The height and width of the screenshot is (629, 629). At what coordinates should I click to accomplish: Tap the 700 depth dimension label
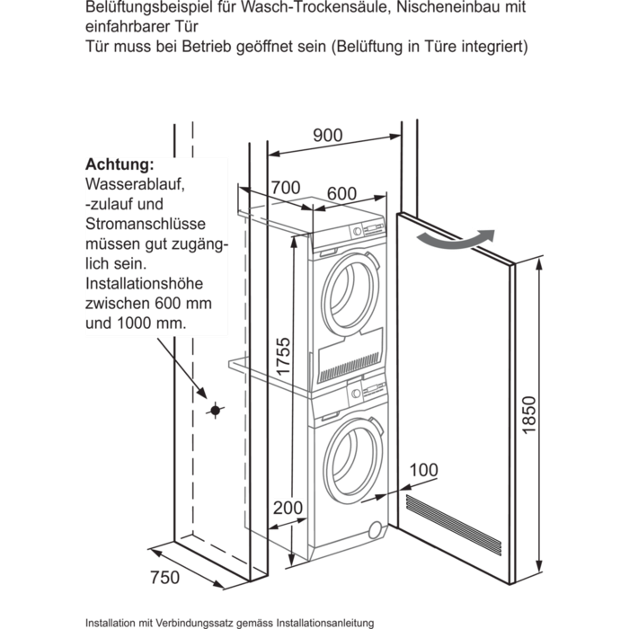click(284, 189)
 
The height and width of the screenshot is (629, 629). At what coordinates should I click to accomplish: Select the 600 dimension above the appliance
click(341, 194)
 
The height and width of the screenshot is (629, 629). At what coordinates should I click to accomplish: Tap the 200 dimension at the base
click(287, 509)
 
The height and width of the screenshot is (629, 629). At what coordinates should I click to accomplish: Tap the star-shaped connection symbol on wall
click(214, 411)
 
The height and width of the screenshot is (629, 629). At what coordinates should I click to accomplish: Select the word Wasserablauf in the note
click(136, 185)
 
